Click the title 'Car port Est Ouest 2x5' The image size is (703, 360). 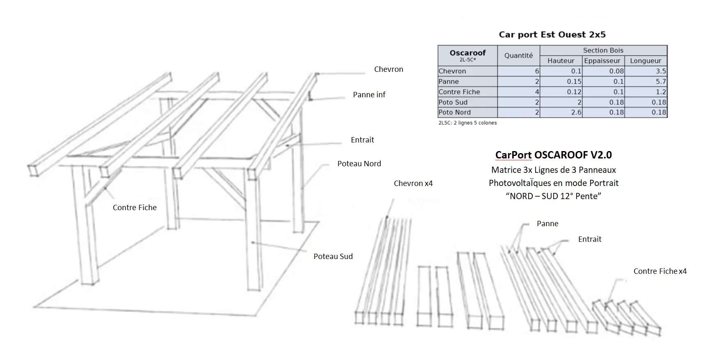point(552,34)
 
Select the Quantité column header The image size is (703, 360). point(518,55)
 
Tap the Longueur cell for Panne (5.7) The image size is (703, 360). point(646,81)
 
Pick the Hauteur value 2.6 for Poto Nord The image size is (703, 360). point(561,112)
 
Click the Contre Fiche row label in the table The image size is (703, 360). point(459,92)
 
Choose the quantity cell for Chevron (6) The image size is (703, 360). point(519,71)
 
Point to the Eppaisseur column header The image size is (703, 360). point(602,61)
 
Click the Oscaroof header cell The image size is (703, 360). point(467,55)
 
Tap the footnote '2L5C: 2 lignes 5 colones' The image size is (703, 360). point(467,123)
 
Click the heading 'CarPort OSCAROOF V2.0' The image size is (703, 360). point(553,155)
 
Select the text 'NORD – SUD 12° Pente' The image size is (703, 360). point(553,196)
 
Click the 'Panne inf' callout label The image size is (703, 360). point(369,95)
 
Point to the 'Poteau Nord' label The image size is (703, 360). point(359,164)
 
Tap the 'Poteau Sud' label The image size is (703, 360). point(333,257)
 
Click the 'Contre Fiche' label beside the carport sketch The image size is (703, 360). point(135,208)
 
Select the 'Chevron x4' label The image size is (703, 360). point(413,183)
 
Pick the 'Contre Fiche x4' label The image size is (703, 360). point(659,271)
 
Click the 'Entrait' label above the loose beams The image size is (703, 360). point(589,239)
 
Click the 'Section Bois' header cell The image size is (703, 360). point(603,50)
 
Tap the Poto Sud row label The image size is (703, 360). point(453,102)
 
